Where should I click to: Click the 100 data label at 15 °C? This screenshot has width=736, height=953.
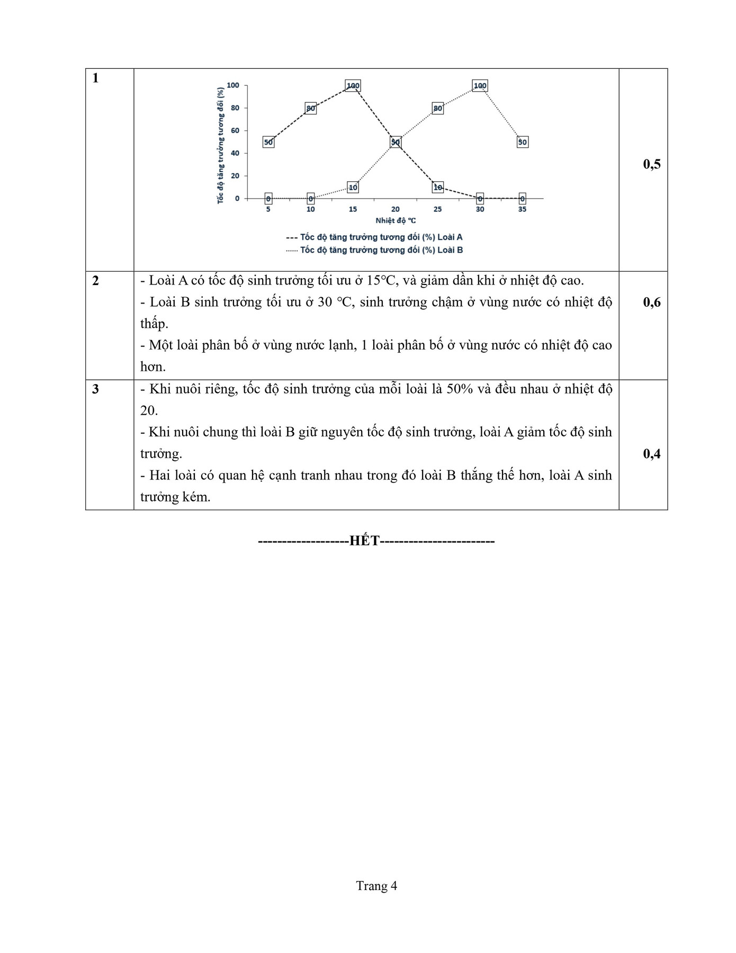(353, 86)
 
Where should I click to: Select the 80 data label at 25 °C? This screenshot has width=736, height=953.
(437, 109)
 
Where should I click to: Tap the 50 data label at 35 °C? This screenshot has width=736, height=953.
(523, 142)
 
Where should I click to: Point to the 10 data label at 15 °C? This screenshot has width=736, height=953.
(353, 187)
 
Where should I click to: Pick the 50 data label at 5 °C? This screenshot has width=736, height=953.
(268, 142)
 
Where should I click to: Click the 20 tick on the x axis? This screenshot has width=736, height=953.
(395, 209)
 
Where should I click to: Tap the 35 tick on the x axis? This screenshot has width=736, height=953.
(522, 209)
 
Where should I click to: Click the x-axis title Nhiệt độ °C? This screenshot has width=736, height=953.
(396, 220)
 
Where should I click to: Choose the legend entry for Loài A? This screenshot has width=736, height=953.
(374, 237)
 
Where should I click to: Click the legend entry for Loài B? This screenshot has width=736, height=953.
(374, 250)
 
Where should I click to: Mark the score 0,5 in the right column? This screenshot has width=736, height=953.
(652, 164)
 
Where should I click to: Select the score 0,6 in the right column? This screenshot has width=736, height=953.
(652, 302)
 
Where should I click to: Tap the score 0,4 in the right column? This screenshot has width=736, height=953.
(652, 454)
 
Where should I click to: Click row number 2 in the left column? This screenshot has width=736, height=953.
(95, 281)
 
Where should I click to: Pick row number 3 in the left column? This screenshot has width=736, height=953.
(95, 389)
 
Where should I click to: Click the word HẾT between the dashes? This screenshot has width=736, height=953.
(365, 541)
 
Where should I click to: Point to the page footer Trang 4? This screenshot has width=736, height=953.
(376, 886)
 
